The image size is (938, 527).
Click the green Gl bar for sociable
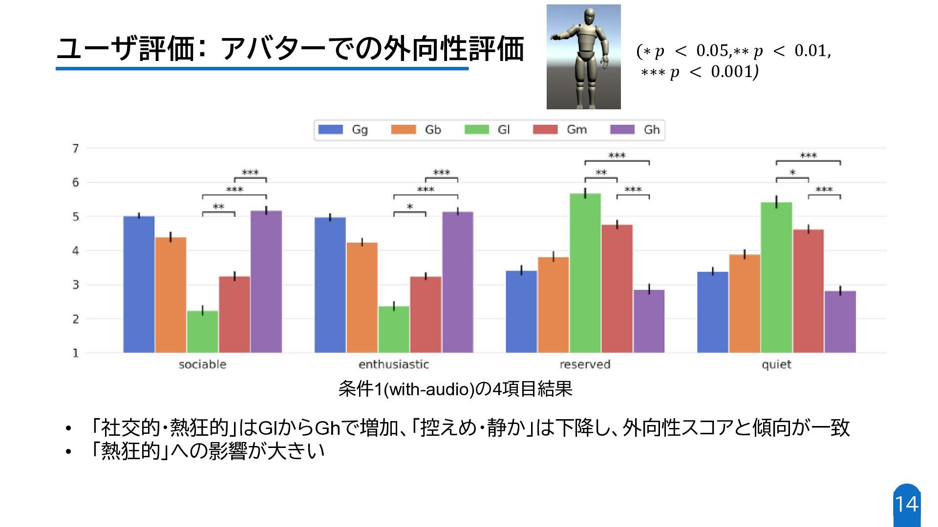pos(202,332)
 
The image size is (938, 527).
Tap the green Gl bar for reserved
pos(585,273)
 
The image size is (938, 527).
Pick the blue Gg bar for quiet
pos(712,312)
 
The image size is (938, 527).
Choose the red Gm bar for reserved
pos(617,288)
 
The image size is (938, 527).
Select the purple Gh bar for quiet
pos(840,322)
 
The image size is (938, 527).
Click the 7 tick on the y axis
pos(76,148)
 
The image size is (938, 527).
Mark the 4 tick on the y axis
pos(76,251)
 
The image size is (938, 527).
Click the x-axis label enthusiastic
pos(394,365)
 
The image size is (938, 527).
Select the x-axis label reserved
pos(585,365)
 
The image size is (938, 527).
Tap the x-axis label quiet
pos(776,365)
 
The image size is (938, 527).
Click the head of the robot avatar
pos(590,19)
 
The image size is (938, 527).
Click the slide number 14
pos(907,505)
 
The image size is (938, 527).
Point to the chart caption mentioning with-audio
pos(455,389)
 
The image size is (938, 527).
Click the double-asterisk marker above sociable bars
pos(218,207)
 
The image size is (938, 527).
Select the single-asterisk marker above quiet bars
pos(792,173)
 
